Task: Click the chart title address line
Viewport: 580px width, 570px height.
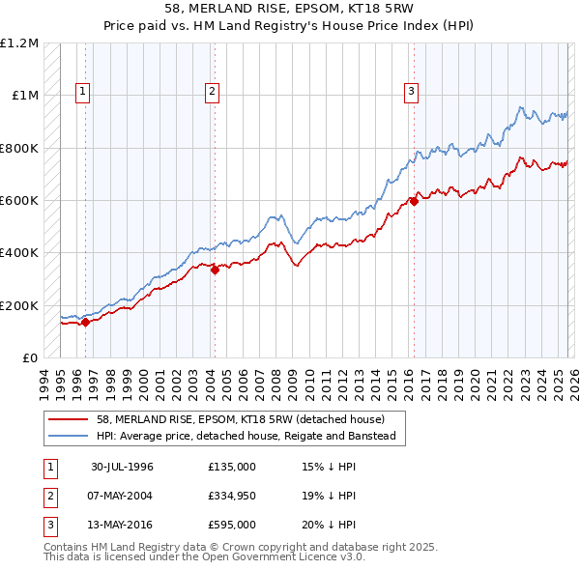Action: coord(290,9)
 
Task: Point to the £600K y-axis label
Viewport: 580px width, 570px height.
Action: coord(19,201)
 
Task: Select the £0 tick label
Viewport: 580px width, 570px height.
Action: coord(31,358)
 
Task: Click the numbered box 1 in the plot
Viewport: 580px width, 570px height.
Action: coord(84,93)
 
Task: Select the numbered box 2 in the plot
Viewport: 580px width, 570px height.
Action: coord(212,93)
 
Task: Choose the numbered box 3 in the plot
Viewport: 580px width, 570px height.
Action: coord(411,93)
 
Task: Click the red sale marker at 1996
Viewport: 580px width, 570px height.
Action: coord(85,322)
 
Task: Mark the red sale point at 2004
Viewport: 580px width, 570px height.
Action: coord(215,271)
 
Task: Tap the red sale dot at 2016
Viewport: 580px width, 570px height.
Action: coord(413,201)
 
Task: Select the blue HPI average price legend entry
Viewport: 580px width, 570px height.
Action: coord(251,436)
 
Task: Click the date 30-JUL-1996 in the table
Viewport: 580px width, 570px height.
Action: coord(123,467)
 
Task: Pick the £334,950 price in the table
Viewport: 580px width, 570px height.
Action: coord(231,496)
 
